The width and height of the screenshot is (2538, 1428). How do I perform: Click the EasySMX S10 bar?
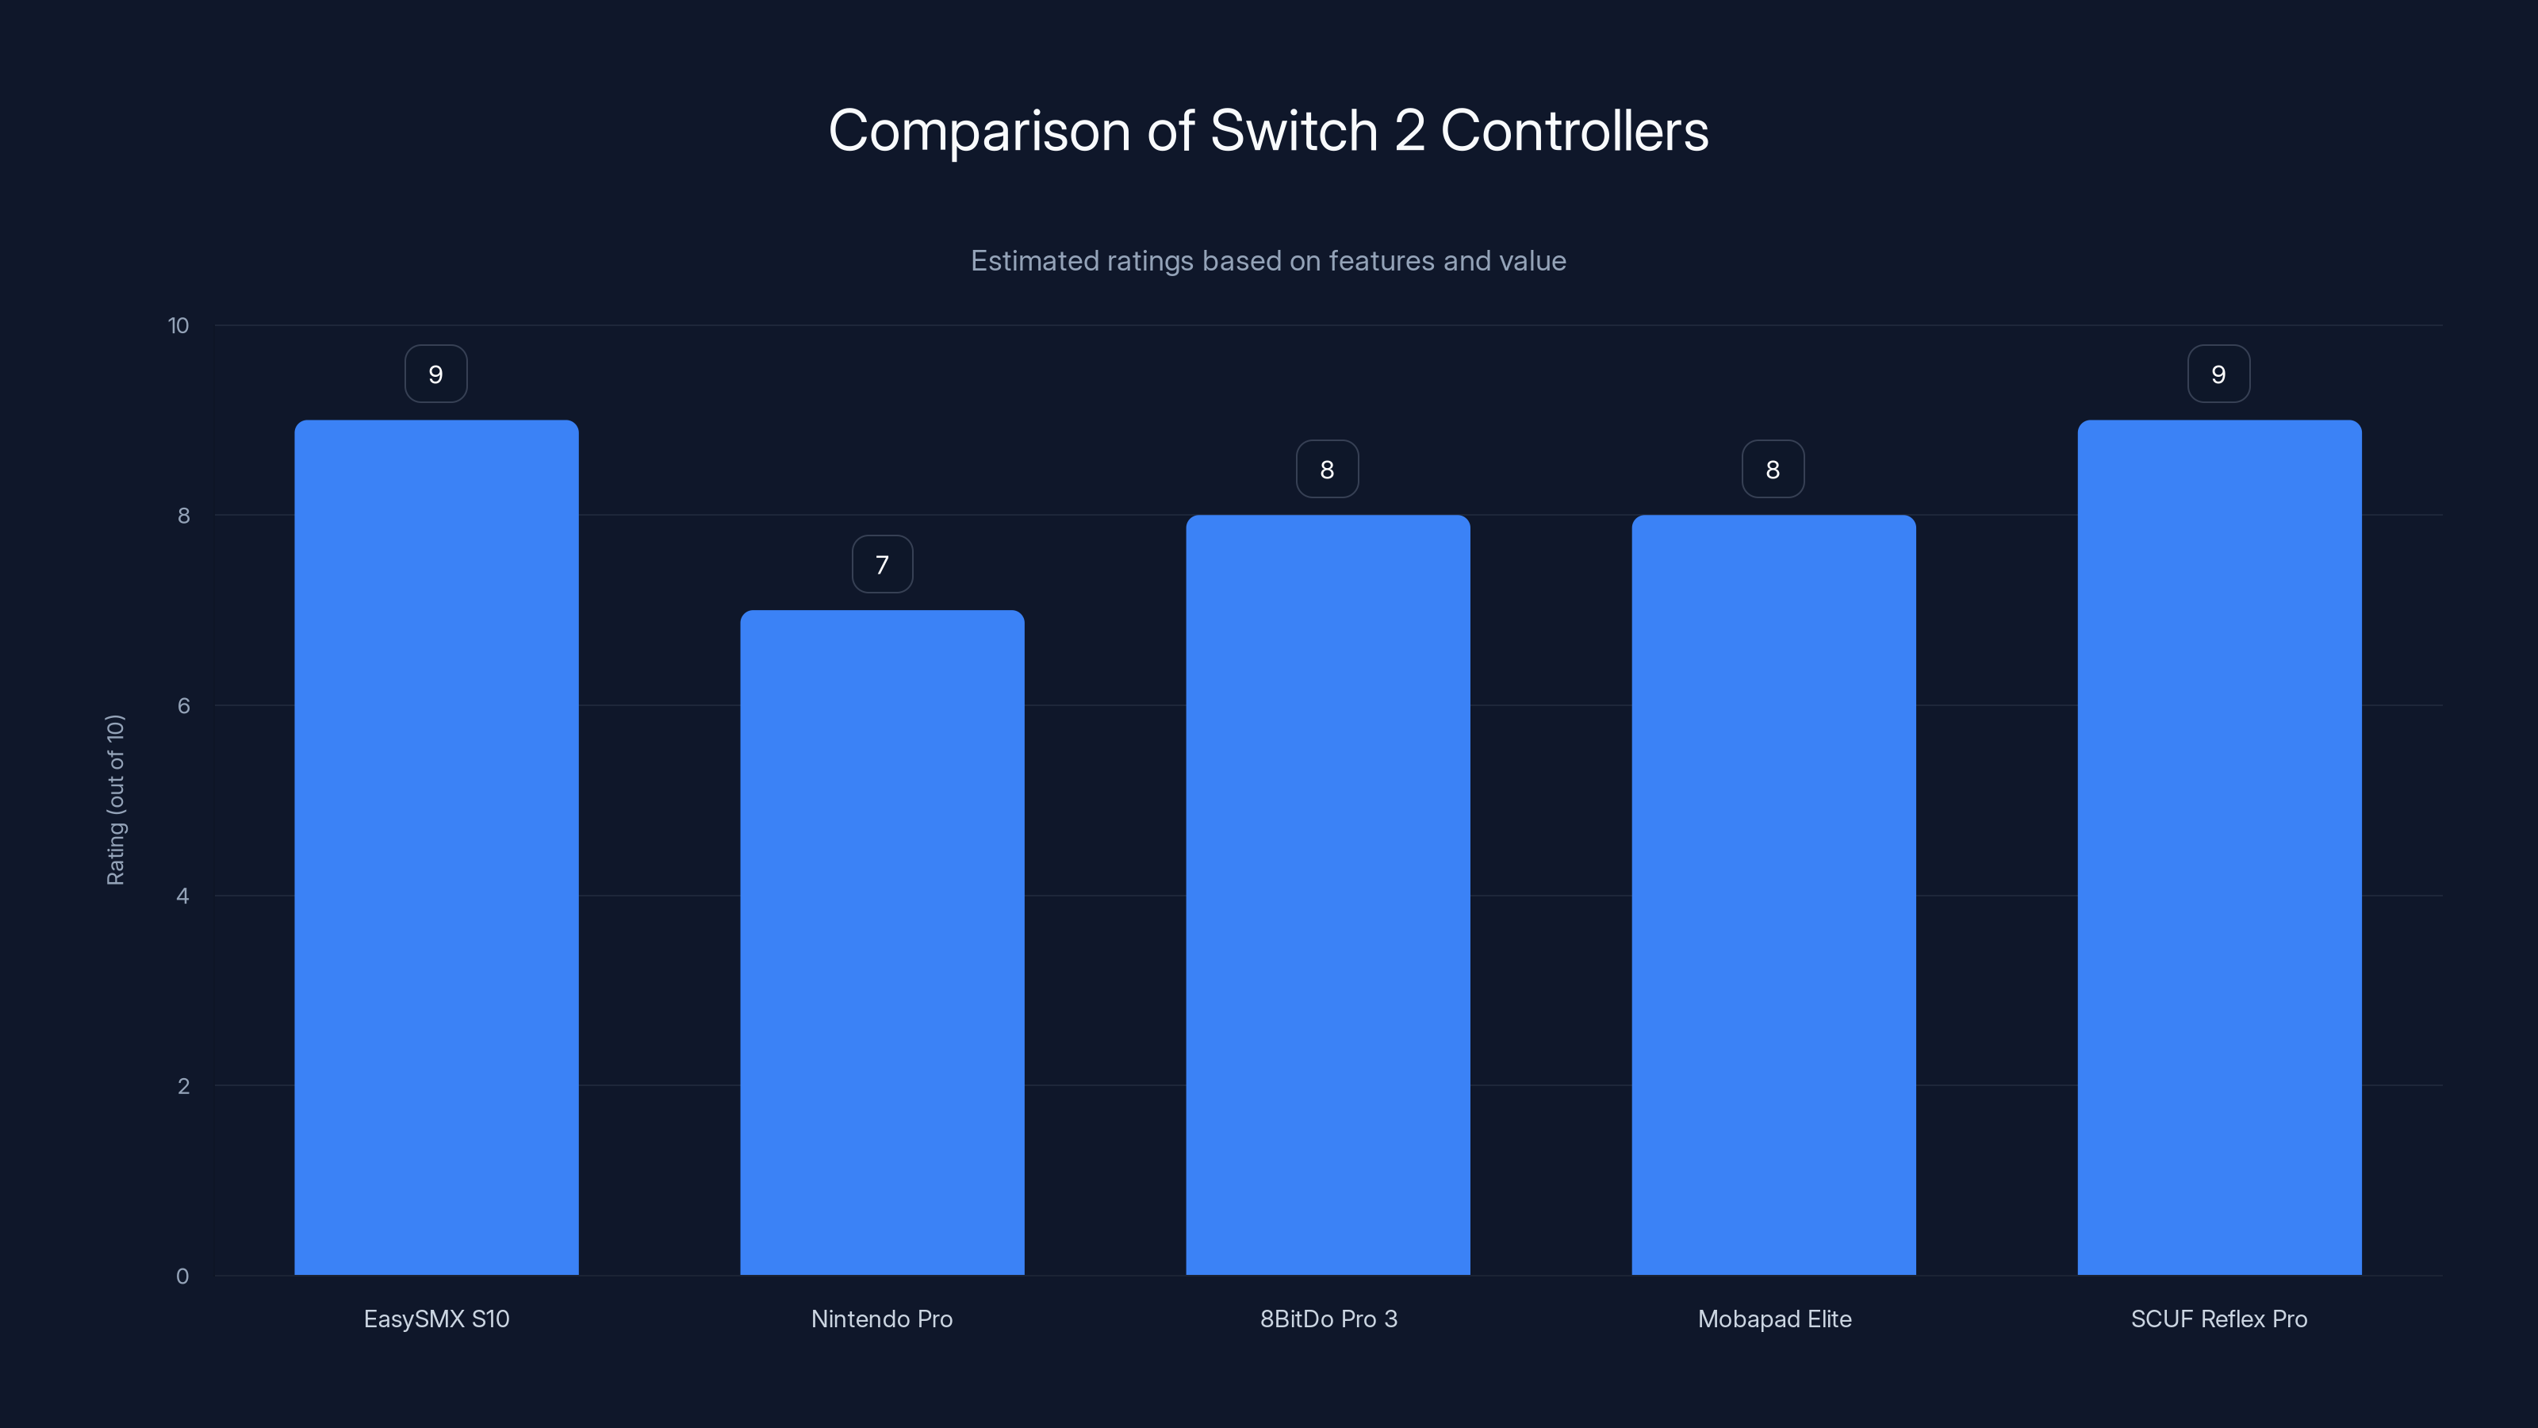pos(436,847)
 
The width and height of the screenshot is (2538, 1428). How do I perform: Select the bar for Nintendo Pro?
pos(882,942)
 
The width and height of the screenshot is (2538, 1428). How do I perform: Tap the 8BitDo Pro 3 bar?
pos(1327,895)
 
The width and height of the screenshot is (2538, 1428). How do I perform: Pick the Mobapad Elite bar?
pos(1773,895)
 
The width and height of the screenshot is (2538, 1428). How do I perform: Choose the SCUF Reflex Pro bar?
pos(2219,847)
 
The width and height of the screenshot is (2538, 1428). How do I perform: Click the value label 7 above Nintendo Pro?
pos(882,565)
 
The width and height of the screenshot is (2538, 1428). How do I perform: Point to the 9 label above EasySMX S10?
pos(435,374)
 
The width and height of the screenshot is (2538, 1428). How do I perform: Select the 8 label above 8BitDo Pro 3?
pos(1327,470)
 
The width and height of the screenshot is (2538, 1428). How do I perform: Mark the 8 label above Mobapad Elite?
pos(1773,470)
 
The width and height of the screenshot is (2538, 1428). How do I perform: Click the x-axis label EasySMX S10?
pos(436,1319)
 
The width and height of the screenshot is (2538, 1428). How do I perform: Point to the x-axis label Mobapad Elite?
pos(1774,1319)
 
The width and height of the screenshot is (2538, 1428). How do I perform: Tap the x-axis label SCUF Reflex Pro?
pos(2219,1319)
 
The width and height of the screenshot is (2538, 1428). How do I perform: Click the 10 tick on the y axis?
pos(178,325)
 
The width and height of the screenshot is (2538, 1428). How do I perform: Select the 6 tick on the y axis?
pos(183,705)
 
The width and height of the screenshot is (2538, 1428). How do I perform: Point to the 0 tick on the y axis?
pos(182,1276)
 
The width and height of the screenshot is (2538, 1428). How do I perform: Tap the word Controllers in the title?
pos(1574,131)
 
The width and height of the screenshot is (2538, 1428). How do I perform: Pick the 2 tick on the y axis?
pos(183,1086)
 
